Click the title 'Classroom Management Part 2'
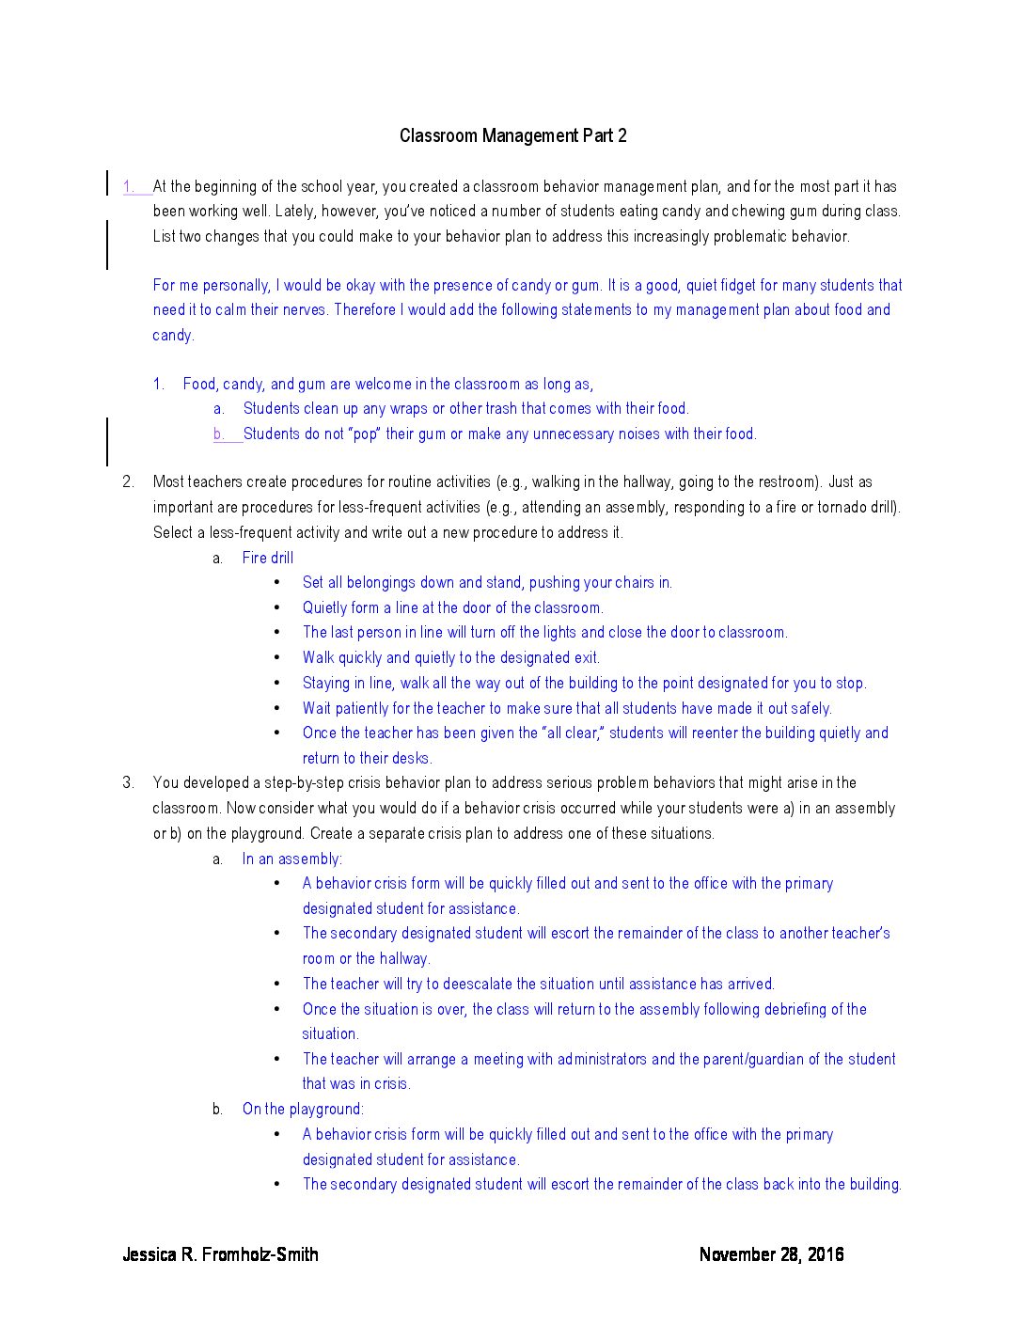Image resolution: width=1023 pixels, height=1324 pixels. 512,135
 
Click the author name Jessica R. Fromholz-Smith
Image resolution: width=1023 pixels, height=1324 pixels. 220,1253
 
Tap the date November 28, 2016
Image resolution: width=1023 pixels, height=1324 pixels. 771,1253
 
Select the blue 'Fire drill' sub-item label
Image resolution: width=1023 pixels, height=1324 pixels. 267,558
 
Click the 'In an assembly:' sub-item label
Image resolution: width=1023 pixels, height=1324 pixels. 291,859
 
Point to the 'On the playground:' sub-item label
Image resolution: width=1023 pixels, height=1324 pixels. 302,1109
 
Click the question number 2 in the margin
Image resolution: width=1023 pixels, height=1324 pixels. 128,481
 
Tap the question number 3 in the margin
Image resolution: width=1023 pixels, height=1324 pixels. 128,782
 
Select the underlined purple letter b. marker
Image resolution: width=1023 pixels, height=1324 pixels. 218,433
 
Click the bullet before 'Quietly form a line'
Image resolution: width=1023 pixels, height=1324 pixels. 277,607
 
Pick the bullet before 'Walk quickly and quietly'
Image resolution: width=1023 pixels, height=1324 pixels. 277,657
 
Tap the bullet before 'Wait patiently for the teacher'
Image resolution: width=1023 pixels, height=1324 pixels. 277,708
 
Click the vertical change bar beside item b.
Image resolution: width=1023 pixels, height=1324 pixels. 107,441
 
